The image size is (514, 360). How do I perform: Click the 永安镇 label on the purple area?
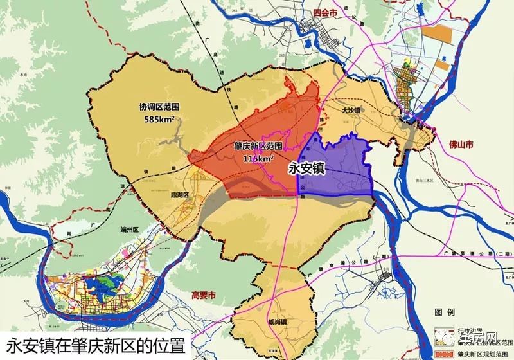tap(306, 168)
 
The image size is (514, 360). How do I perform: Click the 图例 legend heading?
tap(444, 313)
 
